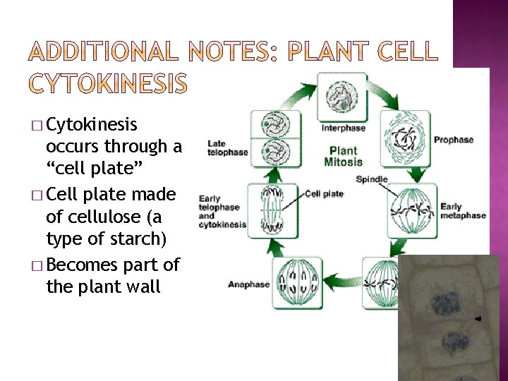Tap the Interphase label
(344, 128)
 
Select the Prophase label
(454, 140)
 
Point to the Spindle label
(372, 179)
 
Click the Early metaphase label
(462, 211)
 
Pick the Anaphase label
(248, 284)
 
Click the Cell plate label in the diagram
(324, 194)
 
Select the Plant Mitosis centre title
(344, 156)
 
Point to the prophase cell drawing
(405, 140)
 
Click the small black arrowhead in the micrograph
(478, 320)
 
